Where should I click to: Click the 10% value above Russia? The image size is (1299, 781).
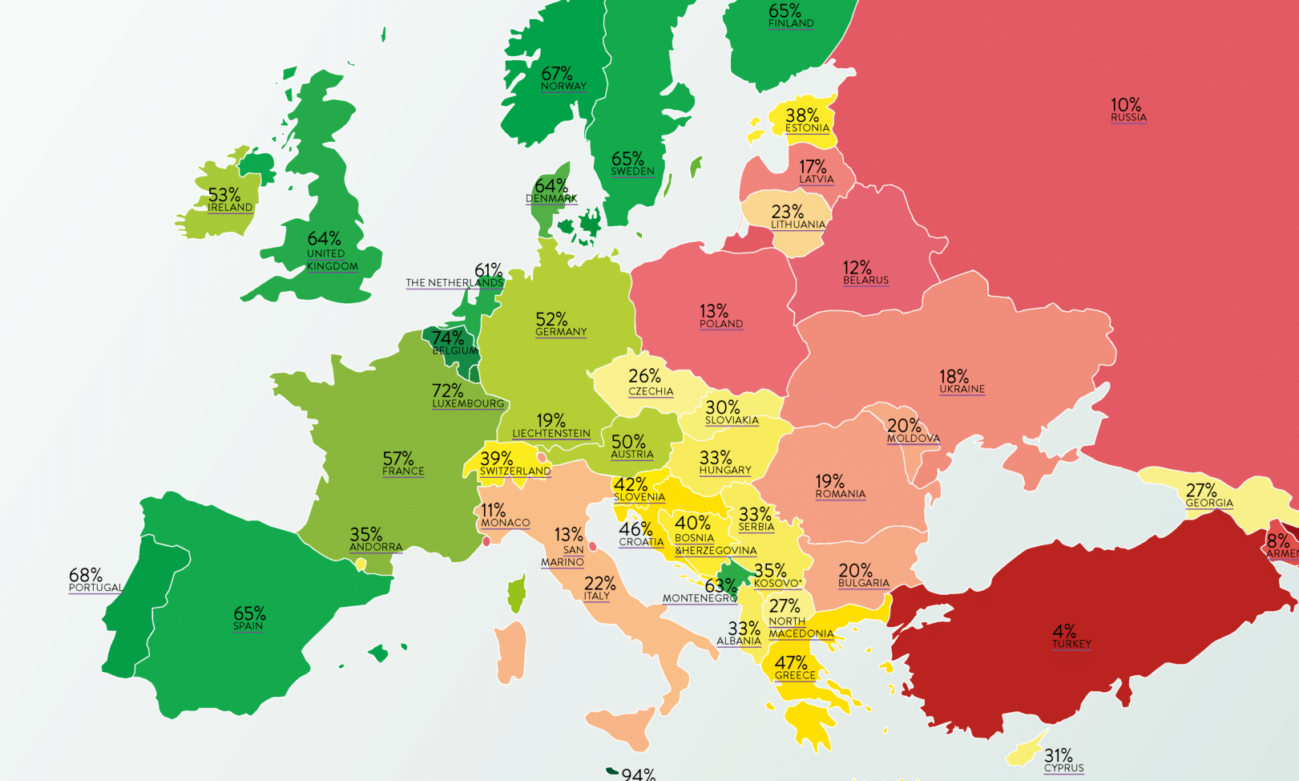point(1125,105)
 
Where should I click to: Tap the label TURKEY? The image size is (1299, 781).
point(1071,644)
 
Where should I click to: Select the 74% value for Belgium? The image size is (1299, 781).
point(447,338)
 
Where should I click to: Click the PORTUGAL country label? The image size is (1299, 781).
point(95,588)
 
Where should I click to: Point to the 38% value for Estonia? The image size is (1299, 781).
point(801,115)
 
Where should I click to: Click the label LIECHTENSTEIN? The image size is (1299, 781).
point(551,434)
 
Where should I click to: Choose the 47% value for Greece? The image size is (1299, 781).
point(790,662)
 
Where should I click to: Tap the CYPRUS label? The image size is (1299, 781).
point(1063,768)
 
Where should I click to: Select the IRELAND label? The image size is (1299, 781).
point(230,208)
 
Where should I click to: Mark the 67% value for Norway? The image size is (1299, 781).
point(556,74)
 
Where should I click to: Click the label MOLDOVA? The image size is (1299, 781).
point(913,439)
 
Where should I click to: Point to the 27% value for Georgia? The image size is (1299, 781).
point(1200,490)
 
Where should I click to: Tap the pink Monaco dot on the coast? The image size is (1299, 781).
point(486,542)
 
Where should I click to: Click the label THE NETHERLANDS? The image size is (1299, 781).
point(454,283)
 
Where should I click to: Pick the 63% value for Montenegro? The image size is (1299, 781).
point(720,585)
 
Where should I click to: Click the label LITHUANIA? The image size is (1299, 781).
point(797,225)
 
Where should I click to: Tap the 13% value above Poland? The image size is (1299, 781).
point(713,311)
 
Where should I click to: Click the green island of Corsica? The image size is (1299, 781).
point(517,594)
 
